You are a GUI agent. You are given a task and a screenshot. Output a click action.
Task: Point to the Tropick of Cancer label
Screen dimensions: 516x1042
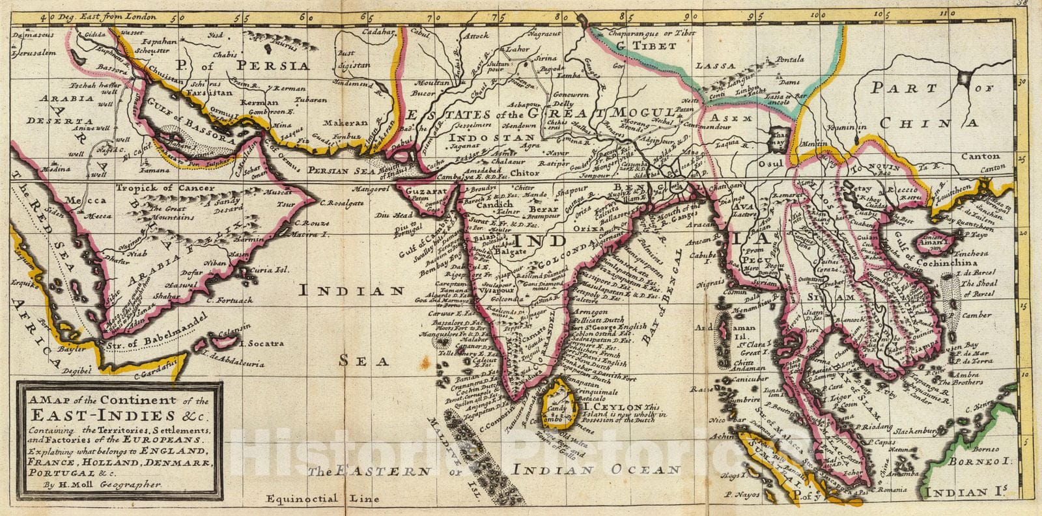pos(165,188)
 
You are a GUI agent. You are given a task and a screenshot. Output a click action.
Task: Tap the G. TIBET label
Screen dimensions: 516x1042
pos(647,46)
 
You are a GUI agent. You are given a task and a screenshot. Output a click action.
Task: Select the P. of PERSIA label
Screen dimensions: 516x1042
pos(246,64)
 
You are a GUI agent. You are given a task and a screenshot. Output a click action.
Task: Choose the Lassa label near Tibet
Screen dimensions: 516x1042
pos(715,66)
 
